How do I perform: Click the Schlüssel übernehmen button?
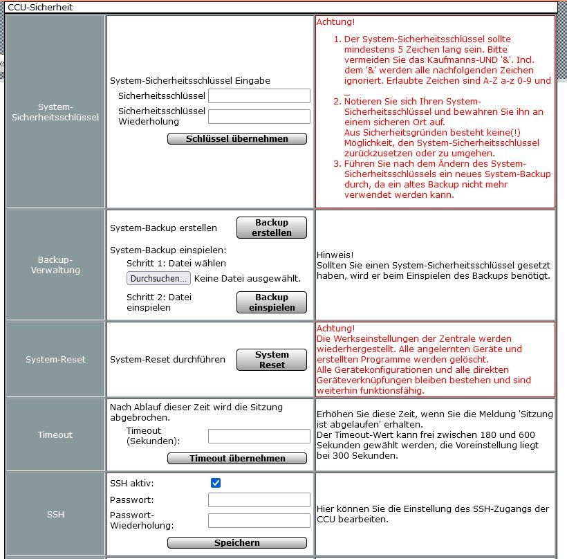(237, 138)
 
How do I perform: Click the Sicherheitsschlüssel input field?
(259, 95)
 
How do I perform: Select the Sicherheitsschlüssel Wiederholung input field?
(259, 116)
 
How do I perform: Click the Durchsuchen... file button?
(158, 279)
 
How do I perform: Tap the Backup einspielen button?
(272, 302)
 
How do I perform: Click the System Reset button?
(272, 360)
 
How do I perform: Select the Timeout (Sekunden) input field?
(259, 436)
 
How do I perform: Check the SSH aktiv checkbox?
(216, 483)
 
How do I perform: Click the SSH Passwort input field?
(259, 500)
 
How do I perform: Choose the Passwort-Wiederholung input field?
(259, 520)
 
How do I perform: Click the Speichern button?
(237, 542)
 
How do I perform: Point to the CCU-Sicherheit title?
(40, 7)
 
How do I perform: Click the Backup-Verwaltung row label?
(55, 265)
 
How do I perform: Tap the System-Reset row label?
(55, 360)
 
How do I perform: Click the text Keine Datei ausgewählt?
(248, 279)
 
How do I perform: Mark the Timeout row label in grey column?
(55, 434)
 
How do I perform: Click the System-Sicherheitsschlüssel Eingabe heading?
(190, 80)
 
